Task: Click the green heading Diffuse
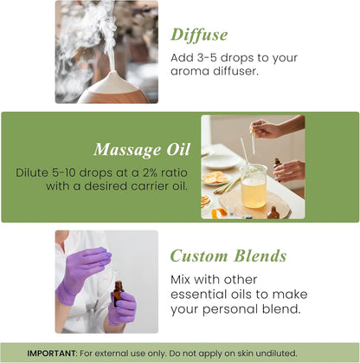199,35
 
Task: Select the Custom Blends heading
228,256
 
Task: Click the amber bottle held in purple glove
117,294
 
